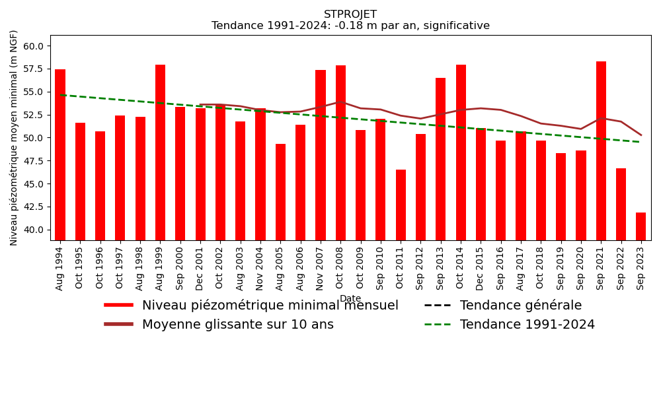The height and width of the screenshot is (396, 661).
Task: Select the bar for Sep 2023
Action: click(x=641, y=226)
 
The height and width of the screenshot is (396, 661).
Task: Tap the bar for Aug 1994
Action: click(x=60, y=154)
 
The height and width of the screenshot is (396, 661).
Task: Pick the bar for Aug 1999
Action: click(x=160, y=152)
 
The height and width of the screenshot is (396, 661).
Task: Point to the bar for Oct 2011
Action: click(x=401, y=205)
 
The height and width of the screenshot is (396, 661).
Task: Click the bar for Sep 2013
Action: click(x=441, y=159)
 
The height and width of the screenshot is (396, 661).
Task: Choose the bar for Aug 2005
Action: click(x=280, y=192)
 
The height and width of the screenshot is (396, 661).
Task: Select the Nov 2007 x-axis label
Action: click(x=321, y=267)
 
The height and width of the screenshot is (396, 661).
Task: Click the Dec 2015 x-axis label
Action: click(x=481, y=267)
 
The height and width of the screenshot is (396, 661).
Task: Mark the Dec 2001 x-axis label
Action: click(x=200, y=267)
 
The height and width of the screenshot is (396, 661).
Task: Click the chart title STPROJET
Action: click(x=350, y=15)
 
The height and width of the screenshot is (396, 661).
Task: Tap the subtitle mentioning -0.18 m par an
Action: click(x=350, y=26)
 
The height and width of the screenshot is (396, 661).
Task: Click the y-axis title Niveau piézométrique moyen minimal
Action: click(x=15, y=137)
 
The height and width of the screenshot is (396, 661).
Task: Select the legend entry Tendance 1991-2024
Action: click(x=527, y=325)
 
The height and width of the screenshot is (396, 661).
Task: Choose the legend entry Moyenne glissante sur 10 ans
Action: click(x=237, y=325)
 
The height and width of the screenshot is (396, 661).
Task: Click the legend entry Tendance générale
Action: click(x=520, y=306)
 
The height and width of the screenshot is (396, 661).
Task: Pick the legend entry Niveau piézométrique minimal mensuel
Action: click(x=270, y=306)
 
